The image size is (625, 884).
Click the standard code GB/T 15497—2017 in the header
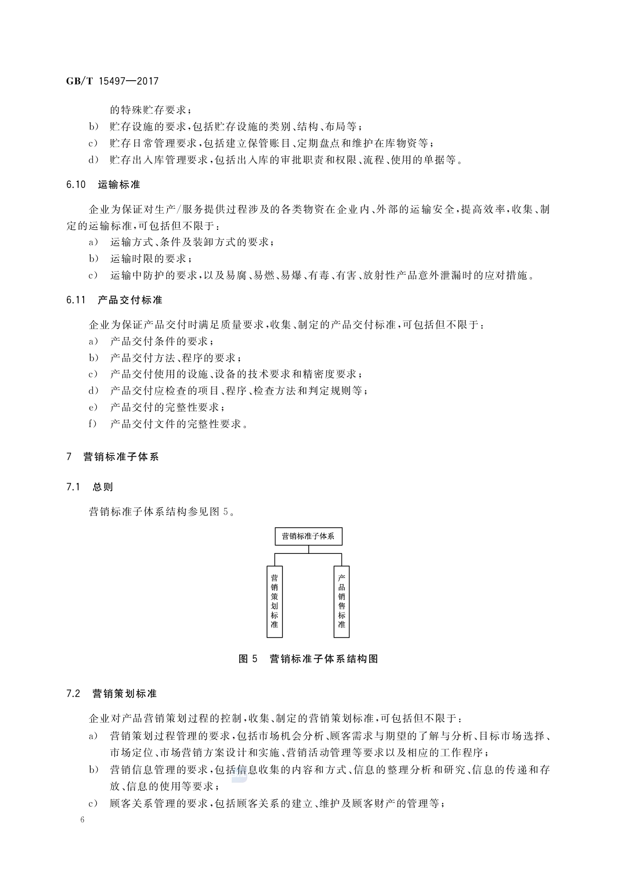click(112, 81)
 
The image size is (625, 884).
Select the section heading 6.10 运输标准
click(103, 185)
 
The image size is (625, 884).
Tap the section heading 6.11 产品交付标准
click(114, 300)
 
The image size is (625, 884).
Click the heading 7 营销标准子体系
click(112, 457)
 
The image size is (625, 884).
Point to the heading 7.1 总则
click(89, 487)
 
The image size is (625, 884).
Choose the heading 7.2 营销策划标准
click(111, 694)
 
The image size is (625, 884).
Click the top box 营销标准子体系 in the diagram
click(308, 536)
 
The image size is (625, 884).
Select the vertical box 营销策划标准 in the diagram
click(274, 601)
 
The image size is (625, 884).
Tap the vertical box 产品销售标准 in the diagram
click(341, 601)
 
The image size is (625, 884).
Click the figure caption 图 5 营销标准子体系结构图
click(308, 659)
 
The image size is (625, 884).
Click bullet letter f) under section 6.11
click(93, 424)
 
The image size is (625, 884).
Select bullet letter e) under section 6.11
click(93, 407)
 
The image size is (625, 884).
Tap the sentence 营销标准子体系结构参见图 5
click(161, 512)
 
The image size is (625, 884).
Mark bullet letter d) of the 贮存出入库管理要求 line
click(93, 160)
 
